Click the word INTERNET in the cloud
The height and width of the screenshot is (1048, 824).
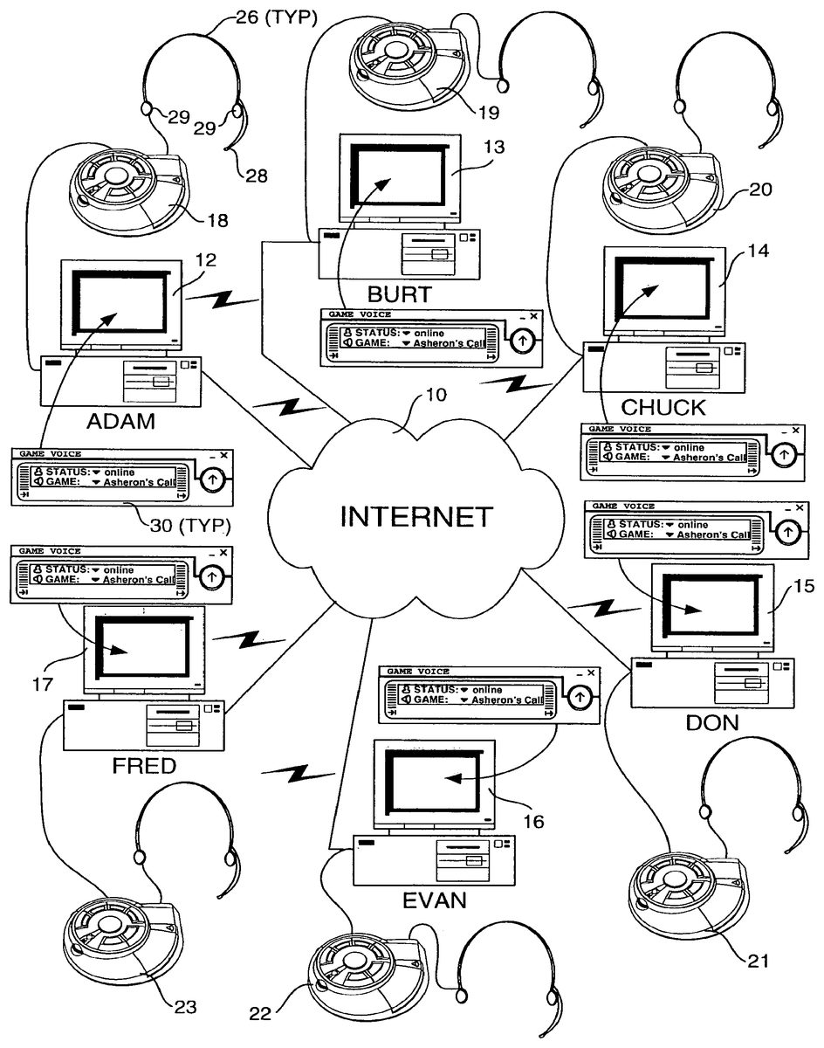coord(415,517)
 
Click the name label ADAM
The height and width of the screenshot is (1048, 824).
coord(120,422)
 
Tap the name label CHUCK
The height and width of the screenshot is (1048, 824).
coord(663,408)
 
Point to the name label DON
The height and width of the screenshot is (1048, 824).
coord(712,721)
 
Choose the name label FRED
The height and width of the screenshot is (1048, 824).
coord(144,767)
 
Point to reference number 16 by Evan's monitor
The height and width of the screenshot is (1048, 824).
coord(533,821)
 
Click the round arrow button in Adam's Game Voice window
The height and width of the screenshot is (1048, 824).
coord(212,478)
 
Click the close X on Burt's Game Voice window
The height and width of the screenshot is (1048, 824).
coord(533,316)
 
